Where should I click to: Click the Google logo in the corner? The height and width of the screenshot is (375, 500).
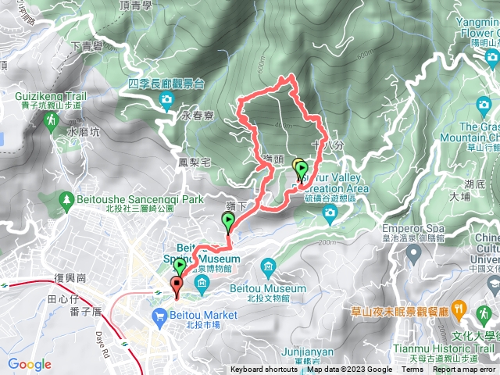point(30,364)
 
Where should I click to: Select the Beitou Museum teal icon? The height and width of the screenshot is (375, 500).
point(268,268)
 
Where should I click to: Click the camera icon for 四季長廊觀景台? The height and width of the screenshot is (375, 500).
point(166,98)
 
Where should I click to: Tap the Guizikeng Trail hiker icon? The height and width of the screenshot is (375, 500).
point(52,120)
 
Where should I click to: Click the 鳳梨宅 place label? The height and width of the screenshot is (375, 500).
point(195,162)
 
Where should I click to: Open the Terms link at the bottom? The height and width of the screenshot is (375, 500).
point(412,370)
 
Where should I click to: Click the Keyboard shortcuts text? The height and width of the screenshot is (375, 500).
point(264,370)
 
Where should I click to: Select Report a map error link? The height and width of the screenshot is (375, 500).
point(466,370)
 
